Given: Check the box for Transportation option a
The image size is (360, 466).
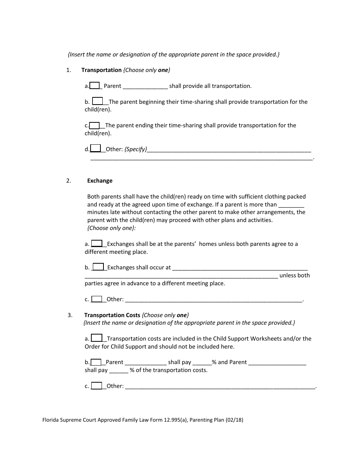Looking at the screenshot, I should tap(94, 86).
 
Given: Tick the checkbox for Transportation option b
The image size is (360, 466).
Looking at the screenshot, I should tap(98, 101).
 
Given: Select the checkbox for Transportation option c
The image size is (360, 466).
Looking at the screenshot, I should tap(94, 125).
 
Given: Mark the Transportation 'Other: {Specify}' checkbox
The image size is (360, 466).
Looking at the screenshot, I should tap(95, 149).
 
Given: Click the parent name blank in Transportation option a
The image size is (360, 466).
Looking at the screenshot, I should tap(146, 86).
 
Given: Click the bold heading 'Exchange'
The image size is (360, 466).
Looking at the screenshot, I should tap(100, 181).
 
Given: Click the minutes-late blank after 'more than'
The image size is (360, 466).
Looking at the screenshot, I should tap(291, 205).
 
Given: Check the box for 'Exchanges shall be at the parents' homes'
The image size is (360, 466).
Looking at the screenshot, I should tap(97, 243).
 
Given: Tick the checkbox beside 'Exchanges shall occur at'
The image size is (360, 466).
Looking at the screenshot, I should tap(98, 267).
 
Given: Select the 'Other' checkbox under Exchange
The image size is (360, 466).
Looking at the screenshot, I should tap(97, 299).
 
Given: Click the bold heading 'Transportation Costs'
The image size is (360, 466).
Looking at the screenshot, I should tap(112, 315).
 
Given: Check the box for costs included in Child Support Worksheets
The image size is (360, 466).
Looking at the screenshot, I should tap(97, 338).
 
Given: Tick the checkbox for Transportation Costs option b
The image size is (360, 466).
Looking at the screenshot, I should tap(96, 362).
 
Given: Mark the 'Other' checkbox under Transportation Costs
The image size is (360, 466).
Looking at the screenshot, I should tap(97, 386).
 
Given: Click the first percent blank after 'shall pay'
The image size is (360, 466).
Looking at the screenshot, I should tap(202, 362).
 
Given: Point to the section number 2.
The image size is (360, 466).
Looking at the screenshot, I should tap(69, 181).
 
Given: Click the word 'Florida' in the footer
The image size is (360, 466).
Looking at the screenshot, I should tap(51, 420).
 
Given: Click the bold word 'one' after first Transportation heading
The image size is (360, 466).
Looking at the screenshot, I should tap(163, 70).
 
